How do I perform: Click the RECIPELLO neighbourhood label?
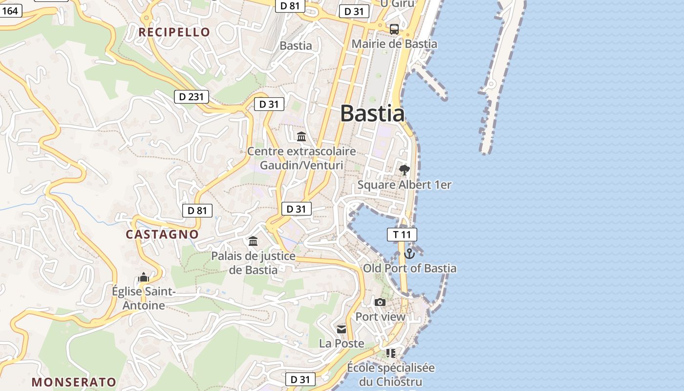pyautogui.click(x=174, y=32)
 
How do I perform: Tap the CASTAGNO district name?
pyautogui.click(x=162, y=234)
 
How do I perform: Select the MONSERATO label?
pyautogui.click(x=74, y=382)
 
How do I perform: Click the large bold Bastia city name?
pyautogui.click(x=372, y=113)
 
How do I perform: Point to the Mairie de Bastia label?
pyautogui.click(x=394, y=44)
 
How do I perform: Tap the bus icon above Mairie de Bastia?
pyautogui.click(x=394, y=29)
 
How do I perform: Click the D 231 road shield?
pyautogui.click(x=192, y=97)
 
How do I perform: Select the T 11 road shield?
pyautogui.click(x=402, y=235)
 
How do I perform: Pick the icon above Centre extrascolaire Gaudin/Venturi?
pyautogui.click(x=301, y=136)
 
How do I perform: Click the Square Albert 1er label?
pyautogui.click(x=404, y=185)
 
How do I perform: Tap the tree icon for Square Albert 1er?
pyautogui.click(x=404, y=170)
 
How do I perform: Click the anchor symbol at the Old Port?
pyautogui.click(x=409, y=253)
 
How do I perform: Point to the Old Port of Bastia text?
pyautogui.click(x=409, y=268)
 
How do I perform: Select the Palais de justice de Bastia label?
pyautogui.click(x=253, y=263)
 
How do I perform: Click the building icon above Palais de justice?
pyautogui.click(x=253, y=241)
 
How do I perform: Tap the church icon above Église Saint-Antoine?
pyautogui.click(x=143, y=277)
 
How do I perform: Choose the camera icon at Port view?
pyautogui.click(x=380, y=302)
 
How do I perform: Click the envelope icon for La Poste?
pyautogui.click(x=342, y=329)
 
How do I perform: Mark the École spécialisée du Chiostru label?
pyautogui.click(x=390, y=374)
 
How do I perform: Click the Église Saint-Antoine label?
pyautogui.click(x=143, y=299)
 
